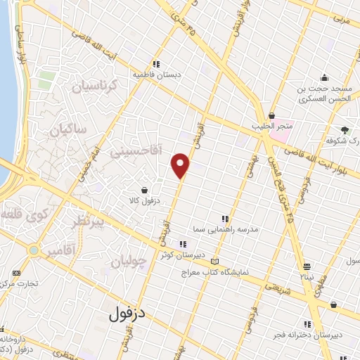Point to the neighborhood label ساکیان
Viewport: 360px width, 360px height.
72,129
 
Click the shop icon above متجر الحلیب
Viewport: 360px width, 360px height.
272,115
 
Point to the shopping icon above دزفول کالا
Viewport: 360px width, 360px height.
144,190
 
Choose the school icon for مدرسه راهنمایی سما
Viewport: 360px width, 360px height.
225,219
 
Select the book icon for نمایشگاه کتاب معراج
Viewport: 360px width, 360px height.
214,262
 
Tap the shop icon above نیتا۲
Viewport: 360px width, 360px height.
307,266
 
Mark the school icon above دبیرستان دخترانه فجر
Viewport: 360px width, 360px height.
333,304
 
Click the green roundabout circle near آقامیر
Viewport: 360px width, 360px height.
33,250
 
